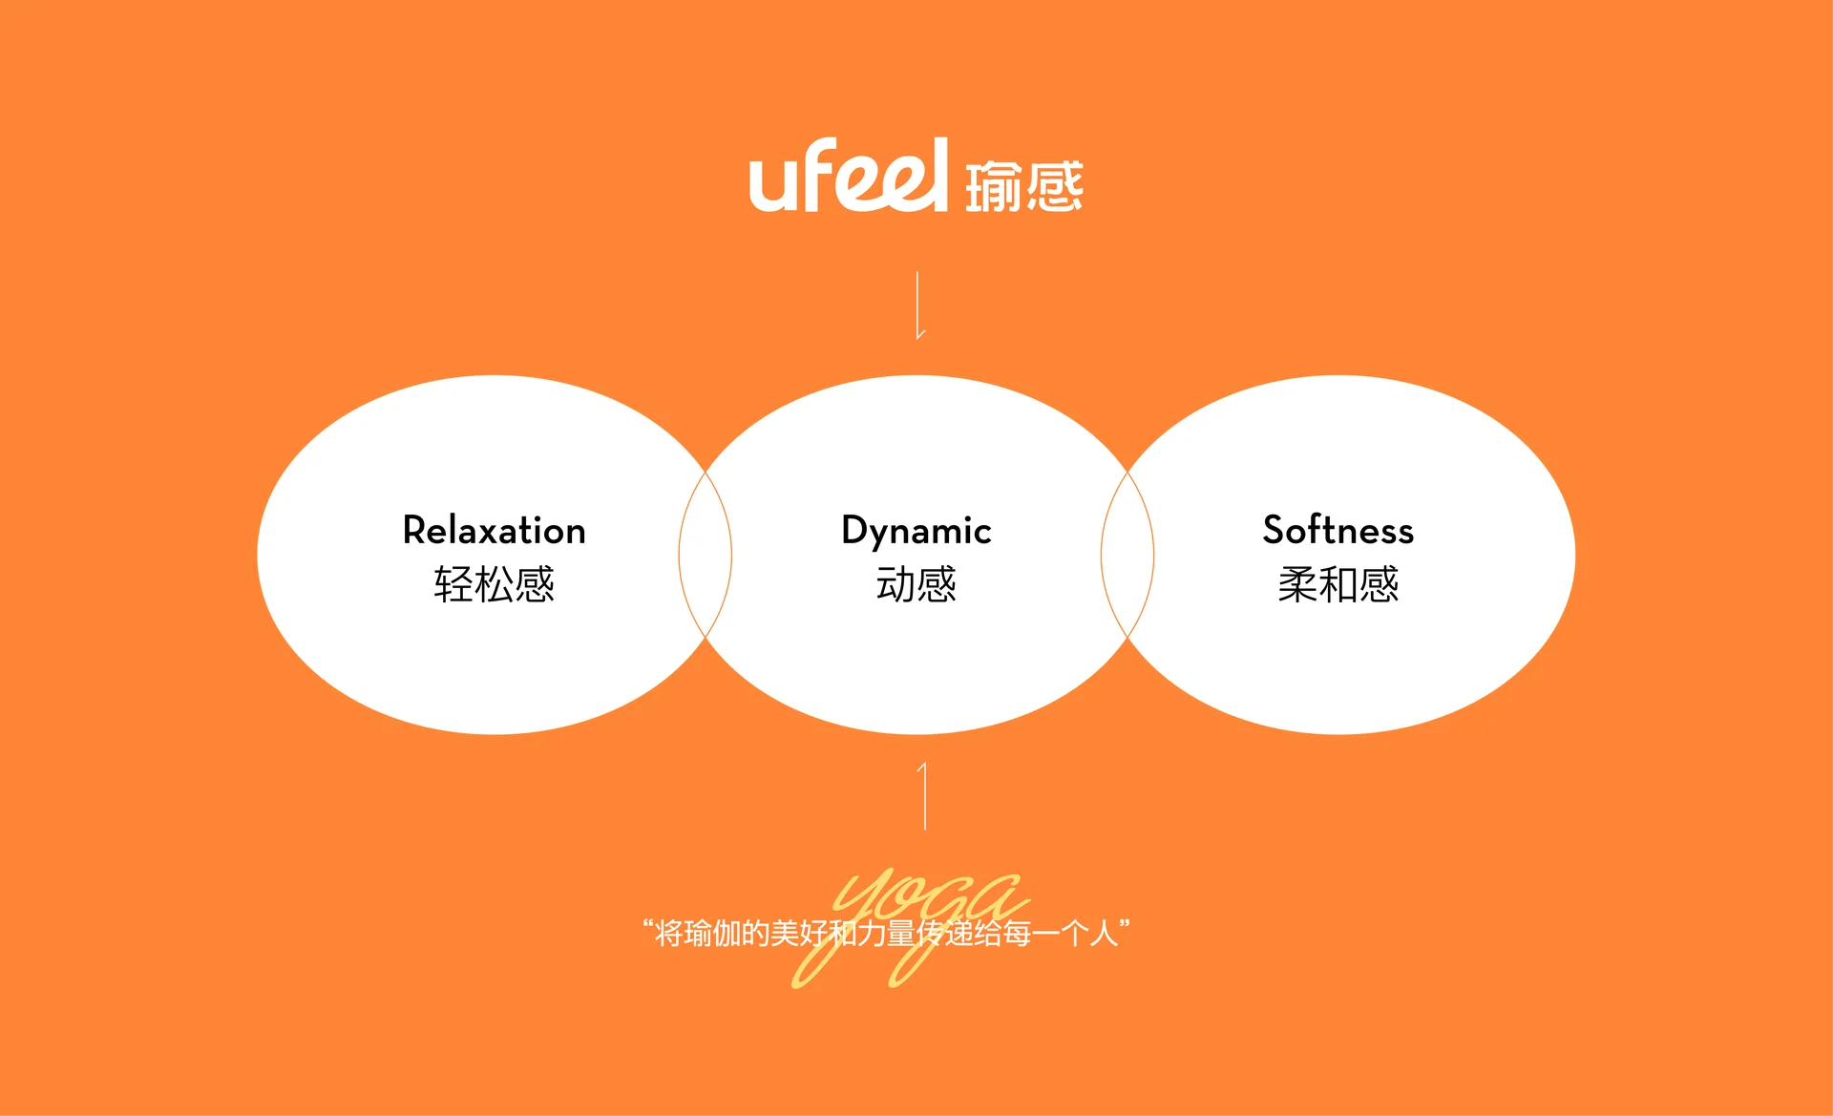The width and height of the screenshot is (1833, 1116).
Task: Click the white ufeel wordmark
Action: [x=849, y=175]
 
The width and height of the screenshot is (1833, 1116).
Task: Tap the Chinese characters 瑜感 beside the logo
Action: [x=1024, y=186]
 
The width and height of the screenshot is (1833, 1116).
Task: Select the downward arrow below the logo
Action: [x=918, y=305]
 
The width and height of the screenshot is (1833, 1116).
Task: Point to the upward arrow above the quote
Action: [x=923, y=795]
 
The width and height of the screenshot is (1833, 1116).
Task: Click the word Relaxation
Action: [x=495, y=531]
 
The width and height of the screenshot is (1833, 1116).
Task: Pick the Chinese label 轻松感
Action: [x=495, y=584]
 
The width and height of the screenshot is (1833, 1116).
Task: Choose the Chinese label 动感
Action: [x=916, y=584]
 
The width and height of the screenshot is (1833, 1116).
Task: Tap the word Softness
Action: [x=1338, y=530]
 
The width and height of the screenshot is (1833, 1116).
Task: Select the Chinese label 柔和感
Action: [x=1338, y=584]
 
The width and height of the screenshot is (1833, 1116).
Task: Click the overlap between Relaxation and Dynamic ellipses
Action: [x=706, y=555]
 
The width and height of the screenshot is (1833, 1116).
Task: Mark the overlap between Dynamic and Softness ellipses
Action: [x=1127, y=555]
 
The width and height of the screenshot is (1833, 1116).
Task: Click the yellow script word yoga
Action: [x=910, y=927]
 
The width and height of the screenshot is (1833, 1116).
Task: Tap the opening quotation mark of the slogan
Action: [x=648, y=924]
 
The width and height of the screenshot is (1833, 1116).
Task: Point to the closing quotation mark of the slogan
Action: [x=1125, y=924]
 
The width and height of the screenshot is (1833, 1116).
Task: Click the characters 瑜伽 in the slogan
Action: [x=712, y=933]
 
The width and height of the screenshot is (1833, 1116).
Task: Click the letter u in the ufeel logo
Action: [x=772, y=184]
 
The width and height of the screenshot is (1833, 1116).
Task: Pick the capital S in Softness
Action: [x=1275, y=530]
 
